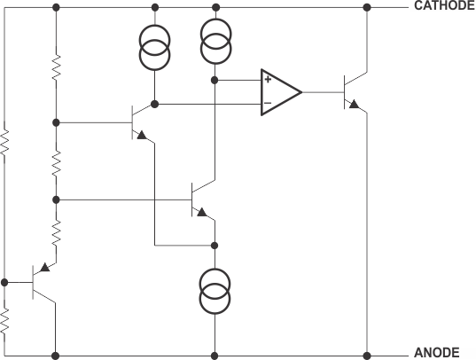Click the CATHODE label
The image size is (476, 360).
[443, 6]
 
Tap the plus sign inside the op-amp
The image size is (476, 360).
[267, 81]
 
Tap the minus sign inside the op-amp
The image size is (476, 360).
[267, 103]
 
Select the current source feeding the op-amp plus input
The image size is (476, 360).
[214, 43]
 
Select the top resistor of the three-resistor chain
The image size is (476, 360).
[55, 67]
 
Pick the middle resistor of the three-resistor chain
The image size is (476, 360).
[55, 161]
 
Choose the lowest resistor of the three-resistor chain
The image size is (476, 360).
[55, 232]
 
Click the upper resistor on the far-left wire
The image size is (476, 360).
[5, 142]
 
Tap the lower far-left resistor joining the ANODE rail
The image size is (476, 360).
[5, 321]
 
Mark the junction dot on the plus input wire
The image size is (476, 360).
[214, 80]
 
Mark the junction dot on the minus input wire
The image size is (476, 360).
[155, 104]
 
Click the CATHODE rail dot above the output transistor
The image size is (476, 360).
[367, 7]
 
